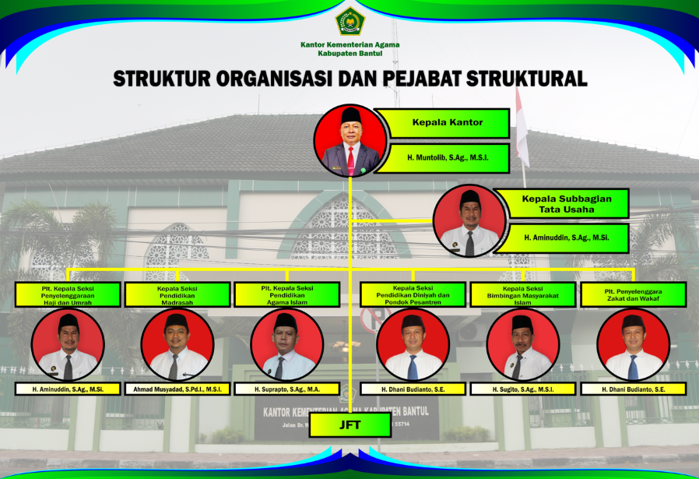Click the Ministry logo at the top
pos(349,21)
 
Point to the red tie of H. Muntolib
pos(350,160)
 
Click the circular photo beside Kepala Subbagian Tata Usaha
pos(469,221)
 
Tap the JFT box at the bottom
pos(349,424)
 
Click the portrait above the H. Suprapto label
pos(286,344)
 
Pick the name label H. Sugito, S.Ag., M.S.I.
pos(522,389)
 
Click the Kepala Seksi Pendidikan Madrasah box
pos(177,294)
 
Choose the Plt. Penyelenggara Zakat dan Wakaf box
pos(633,294)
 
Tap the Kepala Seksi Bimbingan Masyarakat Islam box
pos(522,294)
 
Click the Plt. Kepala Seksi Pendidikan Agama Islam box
pos(286,294)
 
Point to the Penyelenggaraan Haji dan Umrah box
pos(67,294)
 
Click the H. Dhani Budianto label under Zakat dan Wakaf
pos(633,389)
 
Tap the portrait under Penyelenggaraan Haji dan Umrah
pos(68,344)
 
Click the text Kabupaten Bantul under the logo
pos(349,54)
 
